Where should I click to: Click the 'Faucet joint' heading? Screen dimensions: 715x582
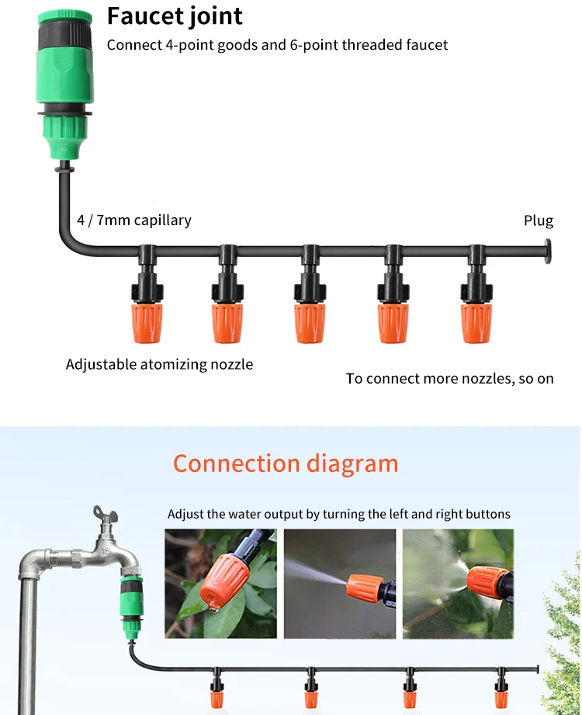point(175,16)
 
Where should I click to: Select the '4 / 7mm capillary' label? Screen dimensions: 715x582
point(134,220)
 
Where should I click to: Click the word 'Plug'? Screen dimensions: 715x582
point(539,221)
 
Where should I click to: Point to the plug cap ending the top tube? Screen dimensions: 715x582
point(548,252)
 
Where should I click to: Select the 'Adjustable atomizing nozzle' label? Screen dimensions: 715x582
point(159,364)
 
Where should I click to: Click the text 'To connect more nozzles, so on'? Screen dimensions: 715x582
point(450,379)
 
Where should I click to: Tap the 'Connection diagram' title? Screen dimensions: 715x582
point(286,464)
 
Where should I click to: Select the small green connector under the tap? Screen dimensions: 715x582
point(128,599)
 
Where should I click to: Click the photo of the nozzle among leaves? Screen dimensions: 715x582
point(220,583)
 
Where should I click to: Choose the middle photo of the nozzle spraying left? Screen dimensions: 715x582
point(340,583)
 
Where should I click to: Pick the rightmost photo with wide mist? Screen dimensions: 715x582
point(458,583)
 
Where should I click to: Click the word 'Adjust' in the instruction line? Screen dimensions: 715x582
point(185,514)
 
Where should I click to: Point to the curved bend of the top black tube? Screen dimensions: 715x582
point(67,242)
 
